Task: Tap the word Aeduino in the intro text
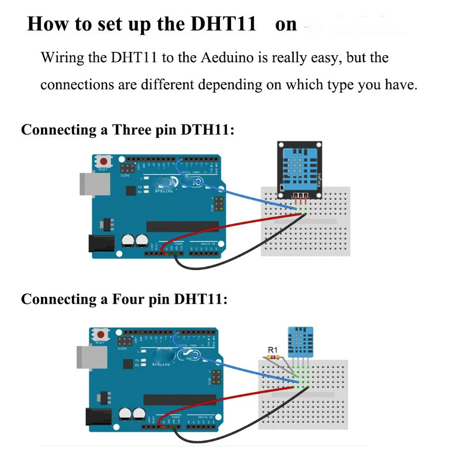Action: coord(228,58)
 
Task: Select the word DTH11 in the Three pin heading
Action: coord(207,130)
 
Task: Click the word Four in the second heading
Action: coord(129,299)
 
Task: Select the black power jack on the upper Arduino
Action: coord(100,244)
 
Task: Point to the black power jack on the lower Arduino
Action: coord(97,416)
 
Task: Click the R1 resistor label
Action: coord(273,350)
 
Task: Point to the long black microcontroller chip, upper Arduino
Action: coord(183,226)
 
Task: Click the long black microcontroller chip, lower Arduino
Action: coord(179,400)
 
